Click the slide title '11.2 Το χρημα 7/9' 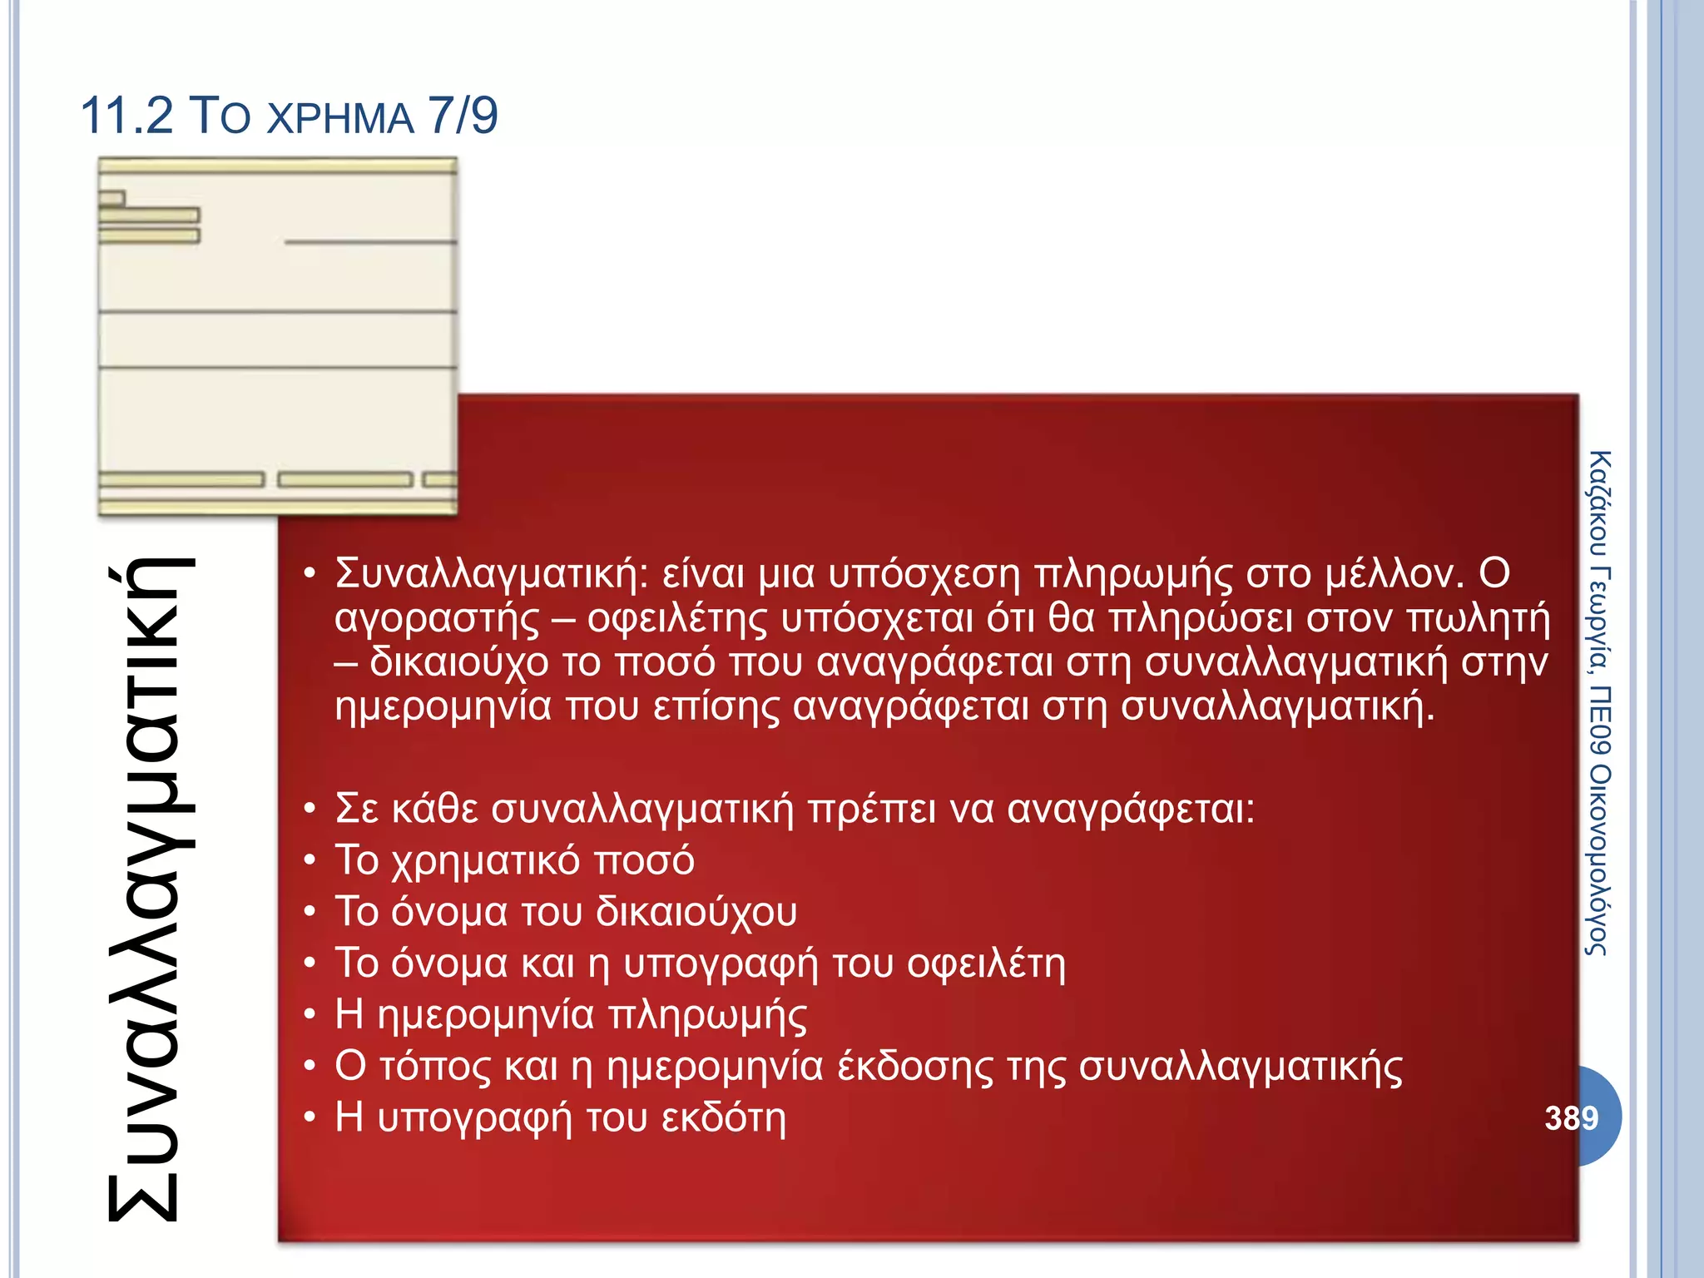coord(289,116)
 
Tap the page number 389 coord(1571,1117)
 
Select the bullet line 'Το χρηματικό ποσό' coord(514,860)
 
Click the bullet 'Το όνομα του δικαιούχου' coord(566,912)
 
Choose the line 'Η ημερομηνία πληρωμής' coord(571,1015)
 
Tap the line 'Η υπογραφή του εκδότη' coord(560,1117)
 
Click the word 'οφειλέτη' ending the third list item coord(986,963)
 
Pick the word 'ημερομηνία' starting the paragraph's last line coord(443,707)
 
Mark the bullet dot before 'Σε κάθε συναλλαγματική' coord(310,809)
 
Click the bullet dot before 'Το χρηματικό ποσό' coord(310,860)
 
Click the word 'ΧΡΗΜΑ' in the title coord(341,119)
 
